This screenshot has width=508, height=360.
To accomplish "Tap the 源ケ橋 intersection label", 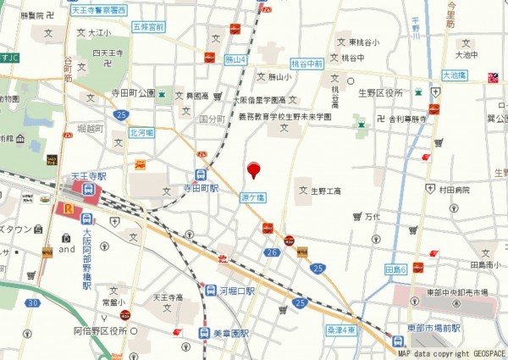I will (252, 197).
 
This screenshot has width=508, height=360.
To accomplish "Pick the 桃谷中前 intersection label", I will (306, 64).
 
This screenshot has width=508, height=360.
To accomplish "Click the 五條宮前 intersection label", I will (148, 27).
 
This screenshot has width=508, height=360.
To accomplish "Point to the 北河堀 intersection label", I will (141, 133).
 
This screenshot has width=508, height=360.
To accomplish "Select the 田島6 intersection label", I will (396, 269).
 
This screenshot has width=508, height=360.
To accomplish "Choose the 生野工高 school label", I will (324, 191).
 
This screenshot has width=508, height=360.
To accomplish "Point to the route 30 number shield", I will (32, 302).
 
